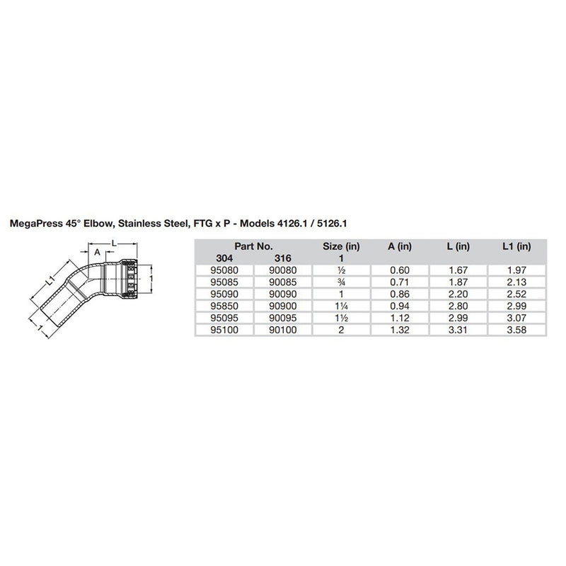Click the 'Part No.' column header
[x=253, y=246]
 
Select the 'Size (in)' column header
[x=341, y=246]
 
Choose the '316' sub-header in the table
[x=282, y=258]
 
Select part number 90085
[x=282, y=281]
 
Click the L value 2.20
[x=459, y=292]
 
